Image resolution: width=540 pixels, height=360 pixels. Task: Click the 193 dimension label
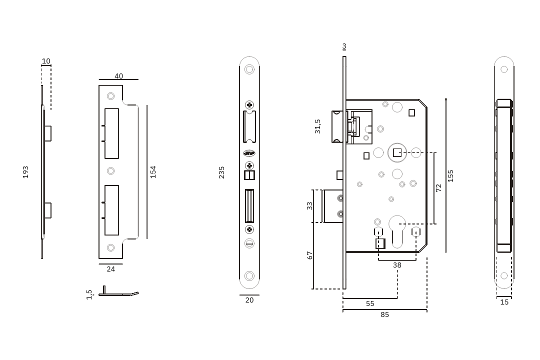[x=25, y=172]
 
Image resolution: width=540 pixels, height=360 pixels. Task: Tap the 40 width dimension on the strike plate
[x=119, y=76]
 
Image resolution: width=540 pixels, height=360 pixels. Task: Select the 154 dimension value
[x=153, y=172]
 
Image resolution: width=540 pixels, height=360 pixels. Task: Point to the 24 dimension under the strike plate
[x=111, y=269]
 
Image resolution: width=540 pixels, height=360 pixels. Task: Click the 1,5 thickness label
[x=89, y=294]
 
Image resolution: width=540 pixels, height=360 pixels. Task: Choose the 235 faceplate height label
[x=222, y=172]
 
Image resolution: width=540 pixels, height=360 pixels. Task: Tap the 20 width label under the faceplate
[x=249, y=300]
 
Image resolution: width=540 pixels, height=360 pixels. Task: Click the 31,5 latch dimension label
[x=317, y=126]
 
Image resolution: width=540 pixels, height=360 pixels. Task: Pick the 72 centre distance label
[x=438, y=188]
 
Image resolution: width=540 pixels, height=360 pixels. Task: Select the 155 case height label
[x=450, y=176]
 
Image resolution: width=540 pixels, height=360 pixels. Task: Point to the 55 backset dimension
[x=370, y=303]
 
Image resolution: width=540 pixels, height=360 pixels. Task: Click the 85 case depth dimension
[x=384, y=314]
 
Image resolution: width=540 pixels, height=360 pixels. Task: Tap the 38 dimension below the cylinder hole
[x=397, y=265]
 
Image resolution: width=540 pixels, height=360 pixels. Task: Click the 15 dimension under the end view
[x=504, y=302]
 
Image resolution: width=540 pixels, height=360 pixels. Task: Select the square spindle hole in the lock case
[x=397, y=152]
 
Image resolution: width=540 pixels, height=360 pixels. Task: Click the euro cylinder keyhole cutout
[x=397, y=231]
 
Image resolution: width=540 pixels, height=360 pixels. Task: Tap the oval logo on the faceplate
[x=249, y=153]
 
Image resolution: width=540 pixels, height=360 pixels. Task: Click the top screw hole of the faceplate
[x=249, y=69]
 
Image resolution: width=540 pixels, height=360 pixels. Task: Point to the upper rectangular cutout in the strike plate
[x=111, y=133]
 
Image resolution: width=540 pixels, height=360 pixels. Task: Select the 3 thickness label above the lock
[x=344, y=46]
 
